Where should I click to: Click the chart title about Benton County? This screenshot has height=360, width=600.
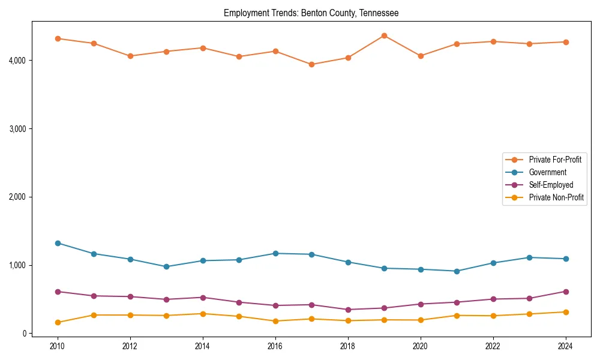click(311, 13)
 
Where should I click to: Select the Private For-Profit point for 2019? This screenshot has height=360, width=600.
click(384, 36)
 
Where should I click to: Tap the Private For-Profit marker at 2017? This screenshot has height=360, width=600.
click(311, 64)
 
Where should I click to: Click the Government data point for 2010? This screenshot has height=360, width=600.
click(58, 243)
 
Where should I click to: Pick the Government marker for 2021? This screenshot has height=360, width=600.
click(457, 271)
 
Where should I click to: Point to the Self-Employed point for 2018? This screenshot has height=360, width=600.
click(348, 310)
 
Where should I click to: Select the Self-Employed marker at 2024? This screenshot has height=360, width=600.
click(566, 292)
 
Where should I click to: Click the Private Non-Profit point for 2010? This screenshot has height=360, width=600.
click(58, 322)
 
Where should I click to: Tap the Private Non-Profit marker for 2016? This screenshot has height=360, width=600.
click(275, 321)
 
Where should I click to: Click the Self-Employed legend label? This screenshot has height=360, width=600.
click(551, 185)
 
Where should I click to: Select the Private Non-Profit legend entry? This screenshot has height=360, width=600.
click(556, 197)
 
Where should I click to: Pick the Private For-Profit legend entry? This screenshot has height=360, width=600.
click(555, 160)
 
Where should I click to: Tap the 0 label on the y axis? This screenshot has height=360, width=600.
click(25, 334)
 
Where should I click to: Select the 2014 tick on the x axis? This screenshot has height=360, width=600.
click(203, 346)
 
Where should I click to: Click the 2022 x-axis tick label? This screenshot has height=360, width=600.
click(493, 346)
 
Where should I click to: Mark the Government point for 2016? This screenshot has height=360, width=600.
click(275, 253)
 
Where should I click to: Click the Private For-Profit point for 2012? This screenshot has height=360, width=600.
click(130, 56)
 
